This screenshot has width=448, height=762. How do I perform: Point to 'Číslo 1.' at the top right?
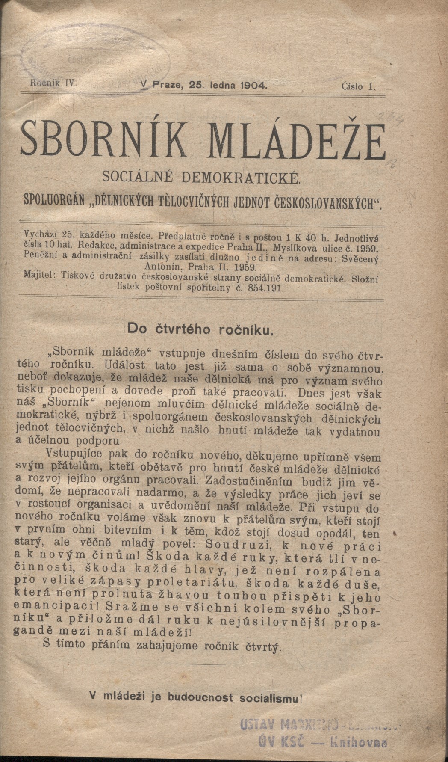click(x=358, y=86)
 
